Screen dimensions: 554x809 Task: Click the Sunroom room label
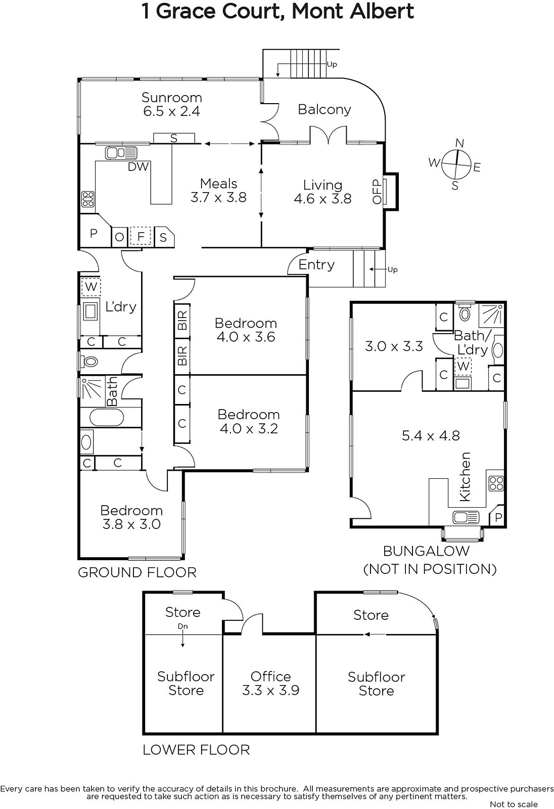[x=171, y=98]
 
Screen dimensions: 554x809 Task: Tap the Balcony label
[x=325, y=109]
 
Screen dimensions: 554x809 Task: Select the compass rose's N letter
[x=459, y=144]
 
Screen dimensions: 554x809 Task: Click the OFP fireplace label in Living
[x=377, y=192]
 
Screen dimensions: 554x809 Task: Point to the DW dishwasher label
[x=138, y=166]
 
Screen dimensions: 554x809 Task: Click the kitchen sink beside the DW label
[x=121, y=153]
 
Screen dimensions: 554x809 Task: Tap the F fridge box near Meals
[x=141, y=237]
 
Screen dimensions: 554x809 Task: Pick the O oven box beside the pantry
[x=119, y=237]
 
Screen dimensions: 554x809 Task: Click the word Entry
[x=316, y=265]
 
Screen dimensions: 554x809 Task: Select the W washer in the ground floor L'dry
[x=90, y=287]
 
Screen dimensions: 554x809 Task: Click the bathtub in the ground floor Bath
[x=107, y=418]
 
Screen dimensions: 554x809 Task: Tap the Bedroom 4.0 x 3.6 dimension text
[x=246, y=337]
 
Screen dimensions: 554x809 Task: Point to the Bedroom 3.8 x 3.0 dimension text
[x=131, y=524]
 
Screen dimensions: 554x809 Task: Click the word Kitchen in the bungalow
[x=465, y=477]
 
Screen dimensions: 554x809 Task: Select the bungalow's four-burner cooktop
[x=496, y=483]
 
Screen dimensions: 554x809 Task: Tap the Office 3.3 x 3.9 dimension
[x=270, y=690]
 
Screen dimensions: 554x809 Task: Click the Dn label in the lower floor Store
[x=183, y=626]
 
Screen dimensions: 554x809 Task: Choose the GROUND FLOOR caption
[x=137, y=572]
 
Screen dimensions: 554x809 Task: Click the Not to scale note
[x=514, y=804]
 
